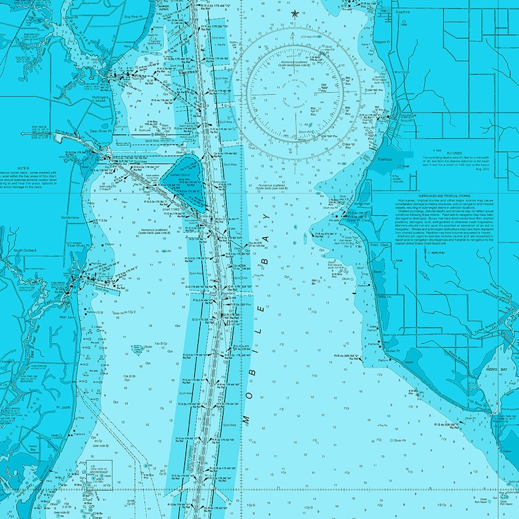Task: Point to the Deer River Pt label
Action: [x=83, y=131]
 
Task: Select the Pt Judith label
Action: [x=63, y=406]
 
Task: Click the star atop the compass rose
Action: [x=295, y=13]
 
